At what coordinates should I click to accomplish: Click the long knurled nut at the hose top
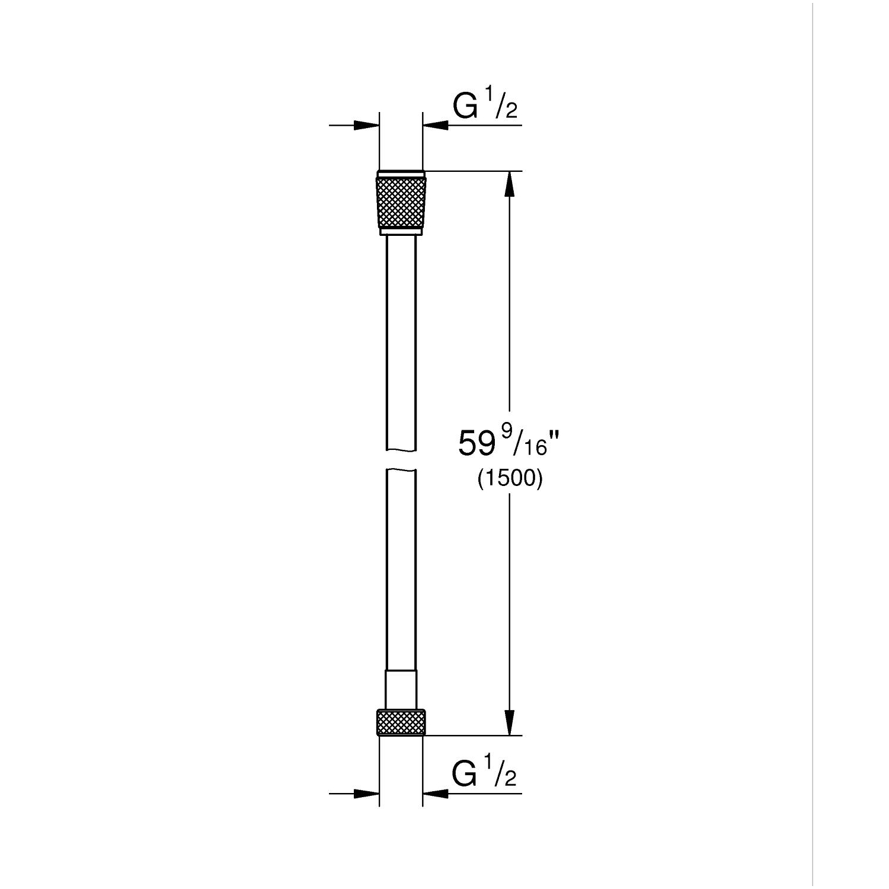coord(401,202)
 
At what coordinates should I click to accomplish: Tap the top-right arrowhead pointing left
coord(436,126)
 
